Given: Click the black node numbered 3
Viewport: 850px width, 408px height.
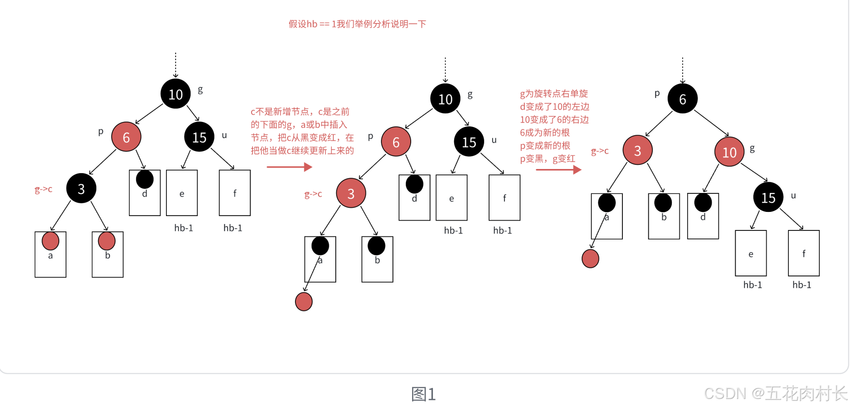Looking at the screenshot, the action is (x=81, y=188).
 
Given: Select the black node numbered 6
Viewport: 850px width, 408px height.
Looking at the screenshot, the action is (x=682, y=98).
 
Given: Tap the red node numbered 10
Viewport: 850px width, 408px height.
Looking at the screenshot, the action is (x=729, y=152).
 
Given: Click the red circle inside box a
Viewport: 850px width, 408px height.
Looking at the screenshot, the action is (x=50, y=241).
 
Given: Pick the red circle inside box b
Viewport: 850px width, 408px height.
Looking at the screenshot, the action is (x=107, y=241).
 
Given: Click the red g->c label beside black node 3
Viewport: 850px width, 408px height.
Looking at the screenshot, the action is (x=43, y=189).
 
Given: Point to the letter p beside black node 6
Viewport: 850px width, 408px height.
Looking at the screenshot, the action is (x=657, y=94).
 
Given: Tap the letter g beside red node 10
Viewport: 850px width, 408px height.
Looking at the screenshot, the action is (x=752, y=148).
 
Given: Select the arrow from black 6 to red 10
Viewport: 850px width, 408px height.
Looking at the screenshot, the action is (x=711, y=123).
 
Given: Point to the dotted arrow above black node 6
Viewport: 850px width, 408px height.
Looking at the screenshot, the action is (x=683, y=70).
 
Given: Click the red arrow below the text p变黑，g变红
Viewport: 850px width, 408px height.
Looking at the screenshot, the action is (x=558, y=170).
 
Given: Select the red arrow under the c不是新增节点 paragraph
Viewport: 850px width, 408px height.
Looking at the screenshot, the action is (x=289, y=167).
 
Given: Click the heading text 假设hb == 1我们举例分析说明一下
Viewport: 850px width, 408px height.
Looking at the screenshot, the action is (x=357, y=24).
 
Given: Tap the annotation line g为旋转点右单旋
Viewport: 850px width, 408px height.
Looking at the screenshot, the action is (x=554, y=94).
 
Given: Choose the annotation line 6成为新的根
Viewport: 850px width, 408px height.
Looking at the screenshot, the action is (x=545, y=132).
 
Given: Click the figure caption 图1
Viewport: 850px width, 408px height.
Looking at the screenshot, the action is (x=423, y=394).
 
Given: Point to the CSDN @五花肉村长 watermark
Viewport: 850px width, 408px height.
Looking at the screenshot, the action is (x=775, y=394).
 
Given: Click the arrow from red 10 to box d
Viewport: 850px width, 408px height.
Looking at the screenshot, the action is (x=711, y=178).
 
